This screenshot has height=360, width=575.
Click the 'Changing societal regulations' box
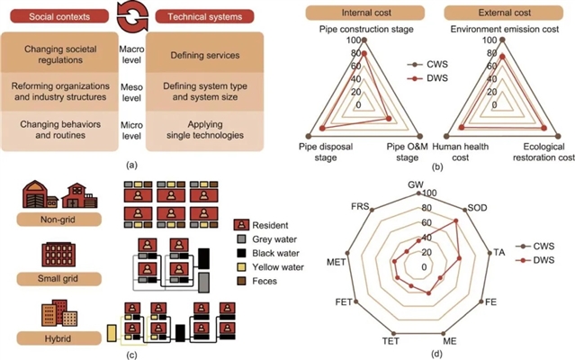[x=62, y=55]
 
